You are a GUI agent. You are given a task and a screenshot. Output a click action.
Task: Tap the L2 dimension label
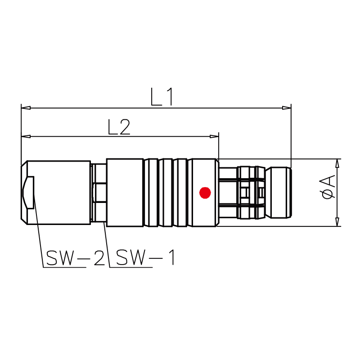click(119, 127)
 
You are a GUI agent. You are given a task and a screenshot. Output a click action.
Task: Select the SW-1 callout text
click(145, 257)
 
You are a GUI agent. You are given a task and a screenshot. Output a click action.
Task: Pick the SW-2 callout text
click(76, 257)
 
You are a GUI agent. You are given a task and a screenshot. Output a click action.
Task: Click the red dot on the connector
click(205, 193)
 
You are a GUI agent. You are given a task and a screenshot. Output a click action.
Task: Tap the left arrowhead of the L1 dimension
click(26, 108)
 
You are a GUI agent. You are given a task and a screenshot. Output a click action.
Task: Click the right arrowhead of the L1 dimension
click(287, 108)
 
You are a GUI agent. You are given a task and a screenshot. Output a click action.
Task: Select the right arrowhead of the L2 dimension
click(214, 137)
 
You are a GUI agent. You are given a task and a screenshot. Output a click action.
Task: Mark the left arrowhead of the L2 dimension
click(26, 137)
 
